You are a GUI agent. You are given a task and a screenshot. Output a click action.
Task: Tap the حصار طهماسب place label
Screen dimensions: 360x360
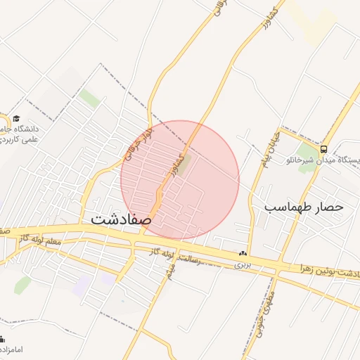[304, 207]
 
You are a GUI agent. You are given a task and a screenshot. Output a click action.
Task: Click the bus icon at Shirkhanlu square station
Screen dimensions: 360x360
[323, 149]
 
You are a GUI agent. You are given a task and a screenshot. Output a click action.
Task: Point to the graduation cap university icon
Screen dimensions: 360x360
[15, 118]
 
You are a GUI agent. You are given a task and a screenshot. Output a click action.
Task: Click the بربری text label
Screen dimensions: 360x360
[243, 265]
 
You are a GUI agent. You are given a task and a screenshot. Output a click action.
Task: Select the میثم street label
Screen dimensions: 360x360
[169, 269]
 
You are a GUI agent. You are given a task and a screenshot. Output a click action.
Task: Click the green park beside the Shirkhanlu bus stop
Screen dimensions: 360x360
[307, 153]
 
